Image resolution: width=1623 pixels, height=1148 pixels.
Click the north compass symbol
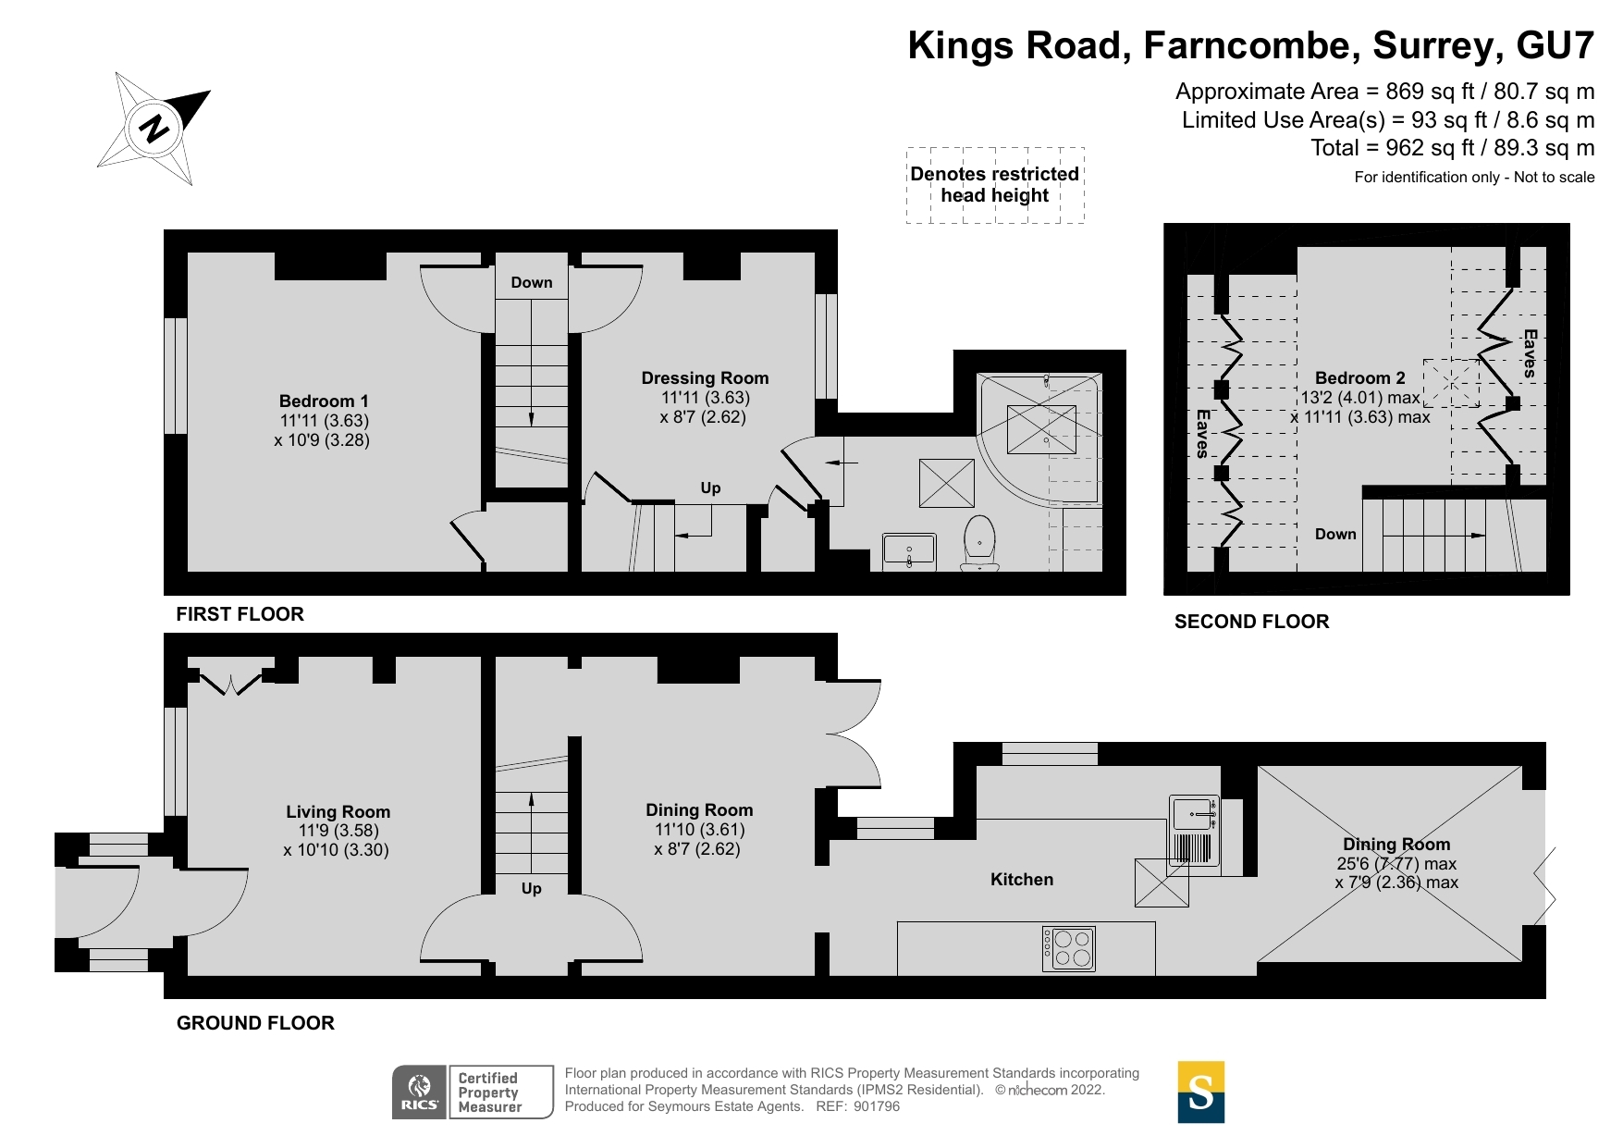click(154, 128)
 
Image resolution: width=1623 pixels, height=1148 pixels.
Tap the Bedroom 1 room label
click(324, 401)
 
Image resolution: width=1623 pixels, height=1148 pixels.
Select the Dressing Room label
click(705, 378)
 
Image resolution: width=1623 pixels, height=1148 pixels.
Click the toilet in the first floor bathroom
click(979, 543)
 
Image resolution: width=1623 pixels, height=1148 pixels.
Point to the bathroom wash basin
click(909, 550)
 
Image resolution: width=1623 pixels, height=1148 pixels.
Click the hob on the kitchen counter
click(1069, 948)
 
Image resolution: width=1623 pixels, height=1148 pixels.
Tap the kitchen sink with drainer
click(1194, 831)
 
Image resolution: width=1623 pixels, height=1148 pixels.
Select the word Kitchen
click(1021, 880)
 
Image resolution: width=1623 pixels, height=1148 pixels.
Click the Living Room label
click(338, 812)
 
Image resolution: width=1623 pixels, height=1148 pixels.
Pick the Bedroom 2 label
click(1359, 378)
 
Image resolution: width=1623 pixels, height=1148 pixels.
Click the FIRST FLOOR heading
click(240, 614)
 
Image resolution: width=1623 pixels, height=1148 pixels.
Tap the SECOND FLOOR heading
click(1251, 622)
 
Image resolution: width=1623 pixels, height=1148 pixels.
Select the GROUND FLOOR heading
click(255, 1023)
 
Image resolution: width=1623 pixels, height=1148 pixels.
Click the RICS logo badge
click(420, 1092)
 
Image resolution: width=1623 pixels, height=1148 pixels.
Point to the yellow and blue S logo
click(1200, 1092)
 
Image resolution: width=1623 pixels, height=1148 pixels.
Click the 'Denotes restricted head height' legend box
click(994, 185)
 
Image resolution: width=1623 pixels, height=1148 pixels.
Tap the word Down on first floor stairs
click(532, 283)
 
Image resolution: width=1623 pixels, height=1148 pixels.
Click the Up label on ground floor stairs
click(531, 889)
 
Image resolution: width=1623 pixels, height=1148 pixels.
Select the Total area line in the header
click(1452, 148)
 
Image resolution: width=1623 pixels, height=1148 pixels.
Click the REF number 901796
click(876, 1106)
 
